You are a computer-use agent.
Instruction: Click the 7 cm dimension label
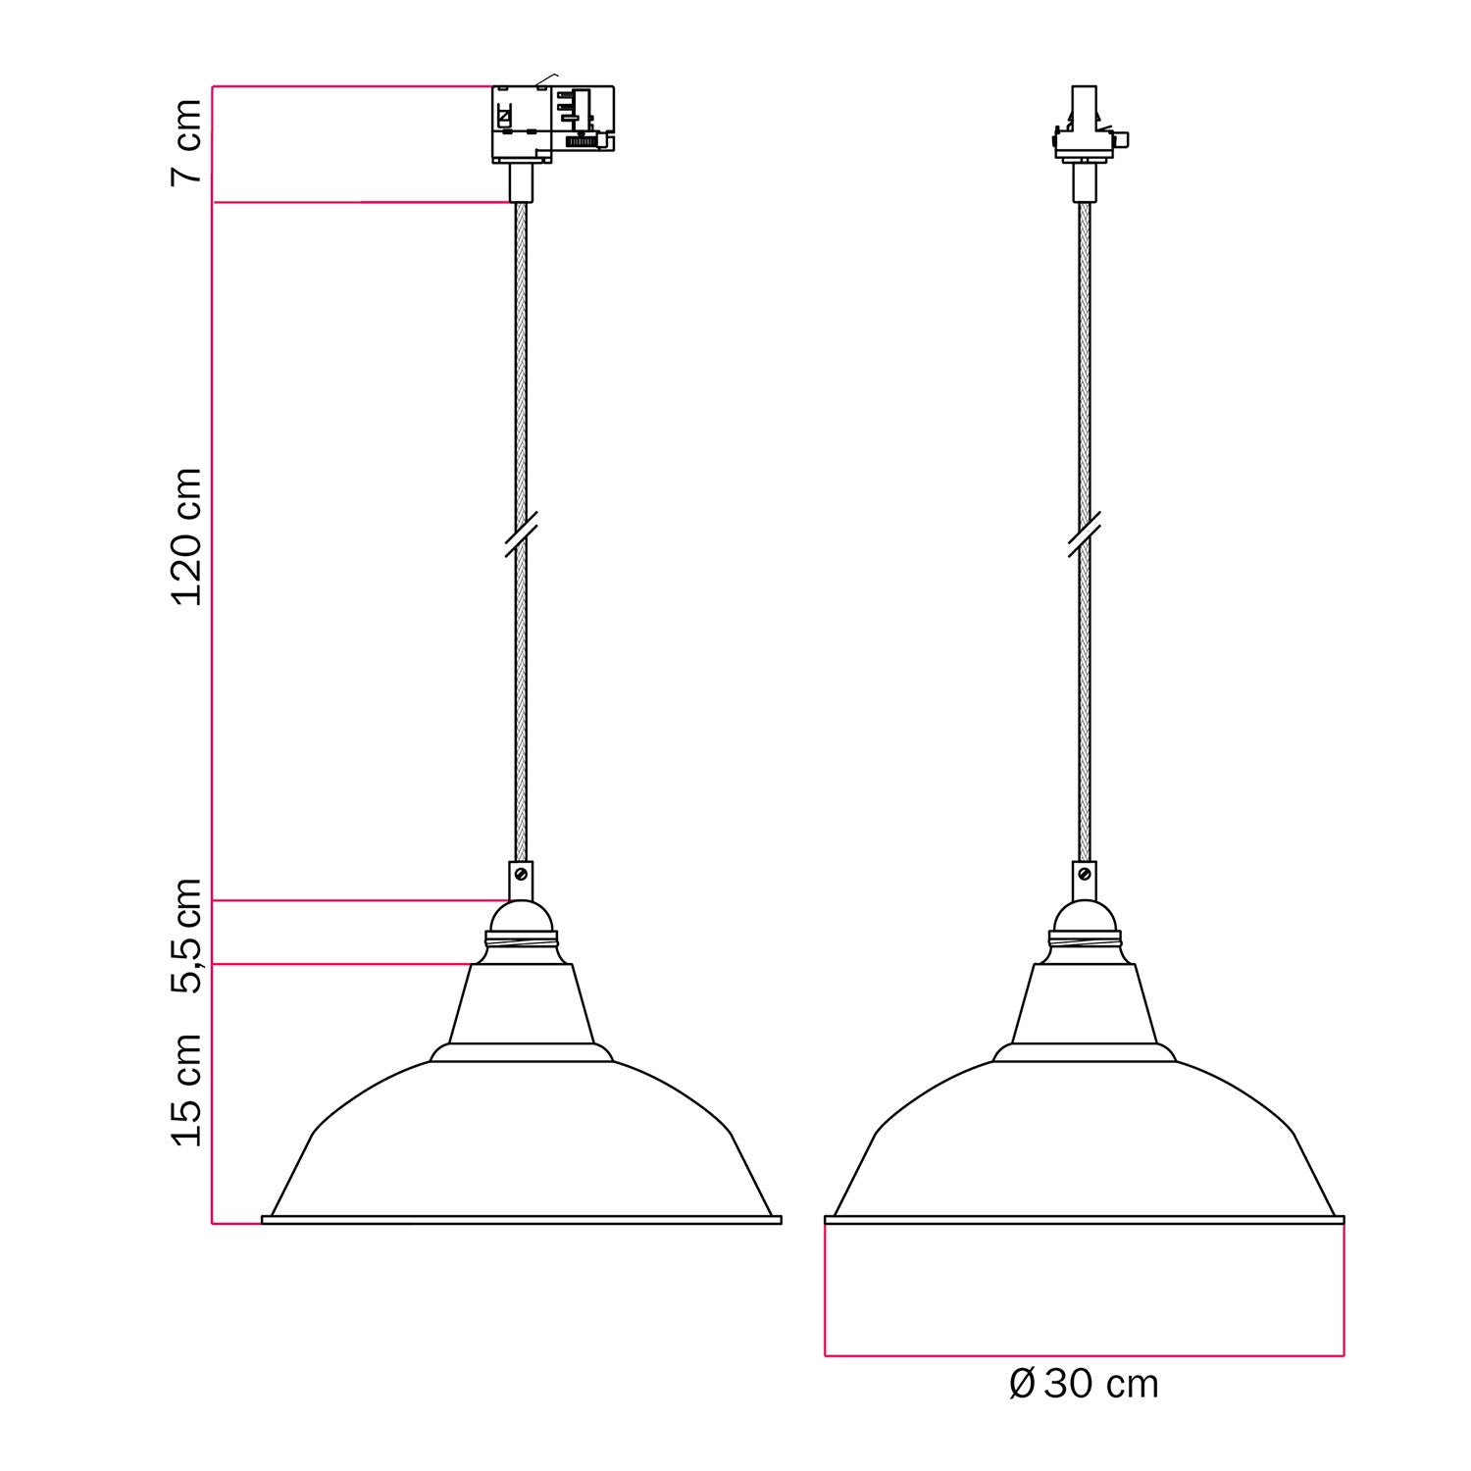pyautogui.click(x=186, y=140)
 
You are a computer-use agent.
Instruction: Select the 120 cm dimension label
pyautogui.click(x=186, y=536)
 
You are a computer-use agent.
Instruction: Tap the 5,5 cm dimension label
pyautogui.click(x=186, y=937)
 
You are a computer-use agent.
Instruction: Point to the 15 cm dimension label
pyautogui.click(x=186, y=1090)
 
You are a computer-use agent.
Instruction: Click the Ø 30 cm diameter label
pyautogui.click(x=1084, y=1384)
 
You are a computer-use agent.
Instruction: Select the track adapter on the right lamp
pyautogui.click(x=1087, y=123)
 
